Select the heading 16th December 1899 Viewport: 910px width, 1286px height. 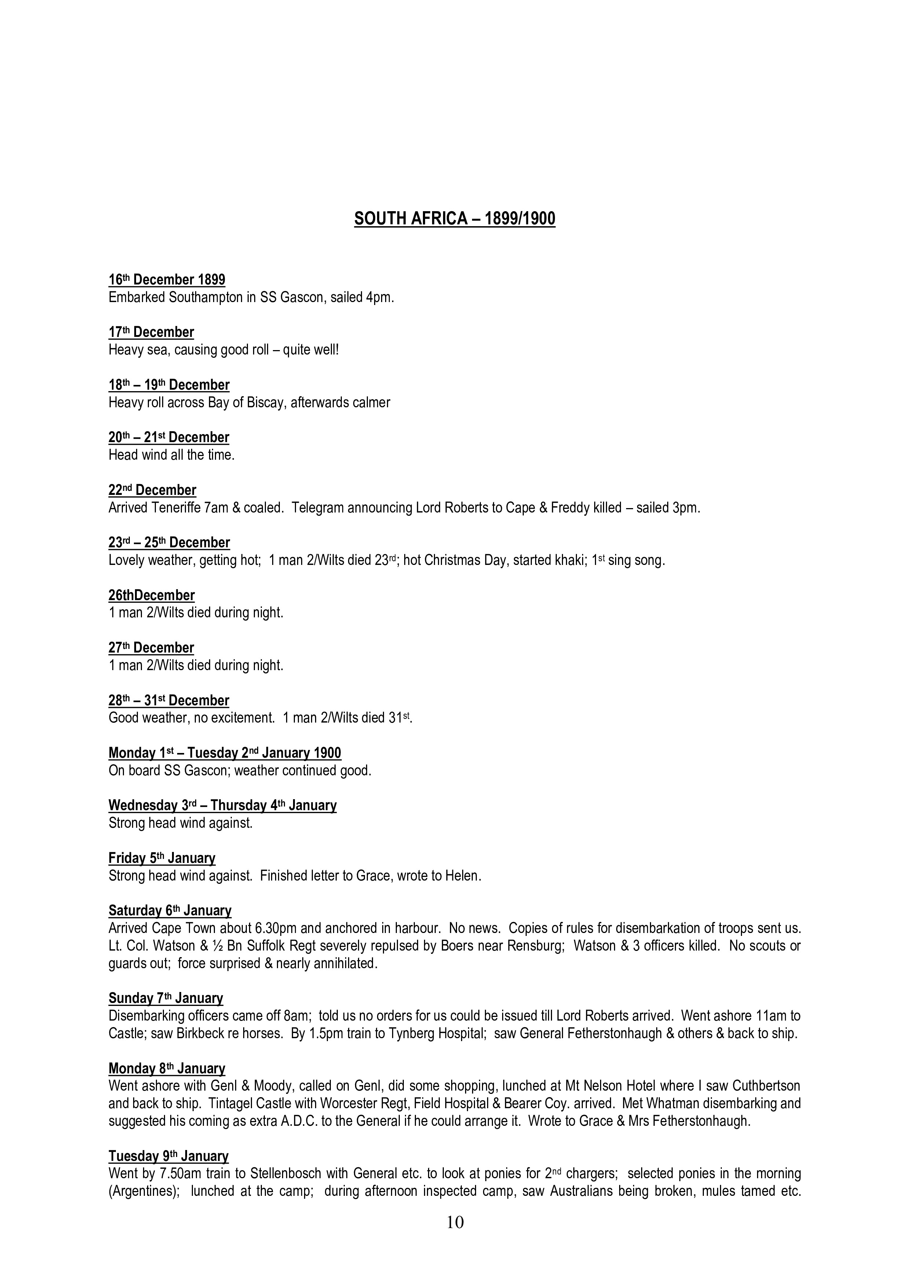coord(167,279)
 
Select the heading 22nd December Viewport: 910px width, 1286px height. coord(153,490)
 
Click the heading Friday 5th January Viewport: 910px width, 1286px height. coord(162,858)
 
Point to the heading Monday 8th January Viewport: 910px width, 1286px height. coord(167,1069)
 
